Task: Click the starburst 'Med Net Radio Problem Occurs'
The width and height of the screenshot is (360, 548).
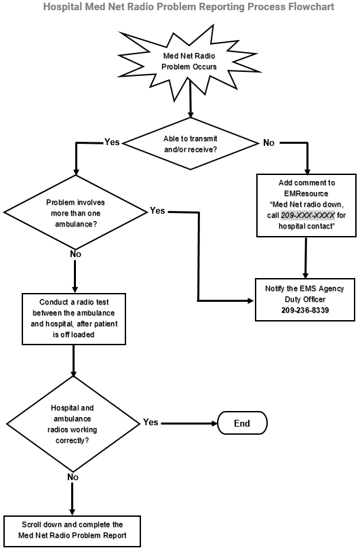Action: [191, 62]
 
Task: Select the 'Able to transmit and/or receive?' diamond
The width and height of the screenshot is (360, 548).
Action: [191, 143]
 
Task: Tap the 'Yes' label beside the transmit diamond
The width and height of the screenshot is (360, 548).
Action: [112, 142]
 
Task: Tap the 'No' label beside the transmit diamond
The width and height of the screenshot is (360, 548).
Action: [269, 142]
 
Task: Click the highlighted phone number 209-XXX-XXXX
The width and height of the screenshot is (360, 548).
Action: [307, 216]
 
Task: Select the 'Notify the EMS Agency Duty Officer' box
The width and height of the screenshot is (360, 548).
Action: [304, 299]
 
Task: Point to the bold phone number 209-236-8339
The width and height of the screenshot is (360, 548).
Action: [304, 310]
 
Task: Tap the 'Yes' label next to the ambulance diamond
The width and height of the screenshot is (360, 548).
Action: [157, 211]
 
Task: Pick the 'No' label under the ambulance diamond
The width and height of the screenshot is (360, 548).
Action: [75, 253]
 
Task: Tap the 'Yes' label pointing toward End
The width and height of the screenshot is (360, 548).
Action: [151, 423]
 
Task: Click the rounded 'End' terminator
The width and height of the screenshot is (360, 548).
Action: [241, 423]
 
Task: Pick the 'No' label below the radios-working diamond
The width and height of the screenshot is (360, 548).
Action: [72, 477]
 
